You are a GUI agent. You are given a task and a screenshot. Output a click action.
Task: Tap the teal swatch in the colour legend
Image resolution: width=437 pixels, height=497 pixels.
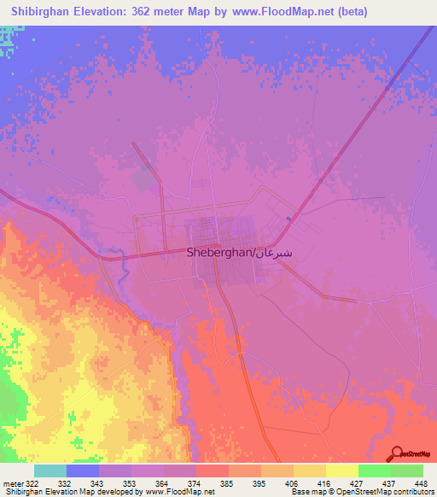pyautogui.click(x=50, y=471)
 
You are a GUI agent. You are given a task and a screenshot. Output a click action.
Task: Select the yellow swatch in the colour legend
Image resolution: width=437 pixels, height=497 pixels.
pyautogui.click(x=341, y=471)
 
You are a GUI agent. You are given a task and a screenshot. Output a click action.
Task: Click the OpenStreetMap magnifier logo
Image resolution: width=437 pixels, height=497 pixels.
pyautogui.click(x=397, y=453)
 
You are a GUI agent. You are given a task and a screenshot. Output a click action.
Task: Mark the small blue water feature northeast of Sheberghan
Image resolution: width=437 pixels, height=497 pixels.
pyautogui.click(x=288, y=219)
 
